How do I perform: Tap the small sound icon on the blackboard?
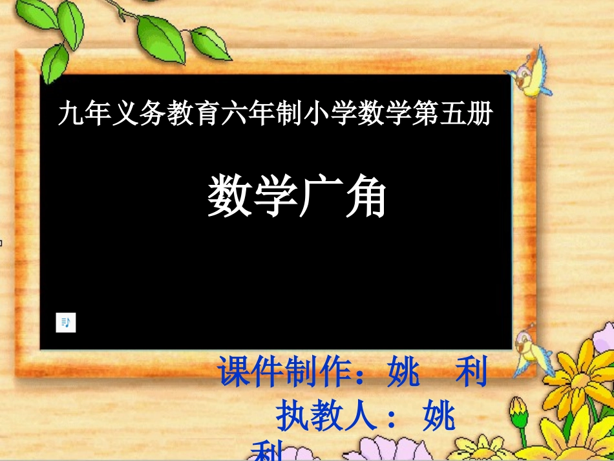tap(66, 322)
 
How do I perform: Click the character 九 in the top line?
tap(69, 115)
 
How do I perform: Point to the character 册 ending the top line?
tap(480, 115)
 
